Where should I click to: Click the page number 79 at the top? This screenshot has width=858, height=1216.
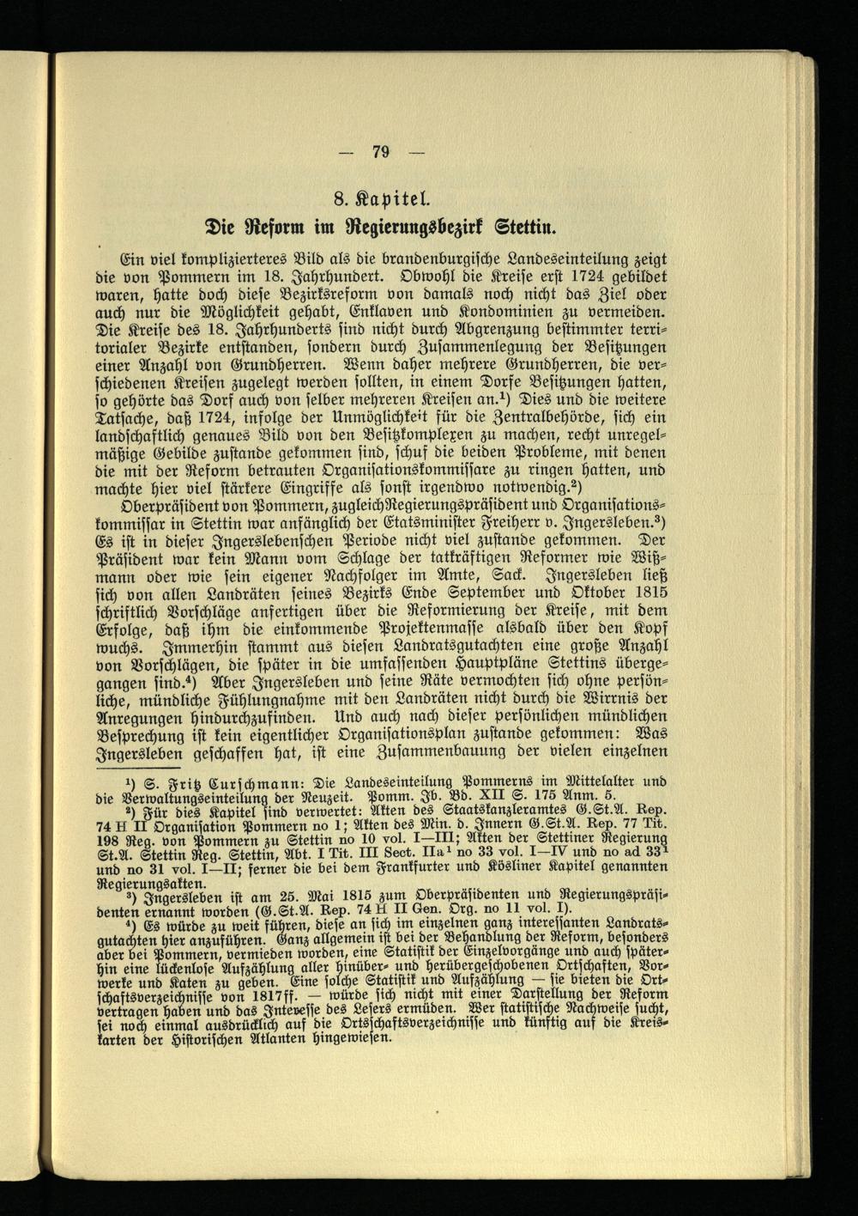[x=381, y=152]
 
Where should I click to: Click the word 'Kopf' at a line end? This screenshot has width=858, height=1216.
[x=647, y=629]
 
